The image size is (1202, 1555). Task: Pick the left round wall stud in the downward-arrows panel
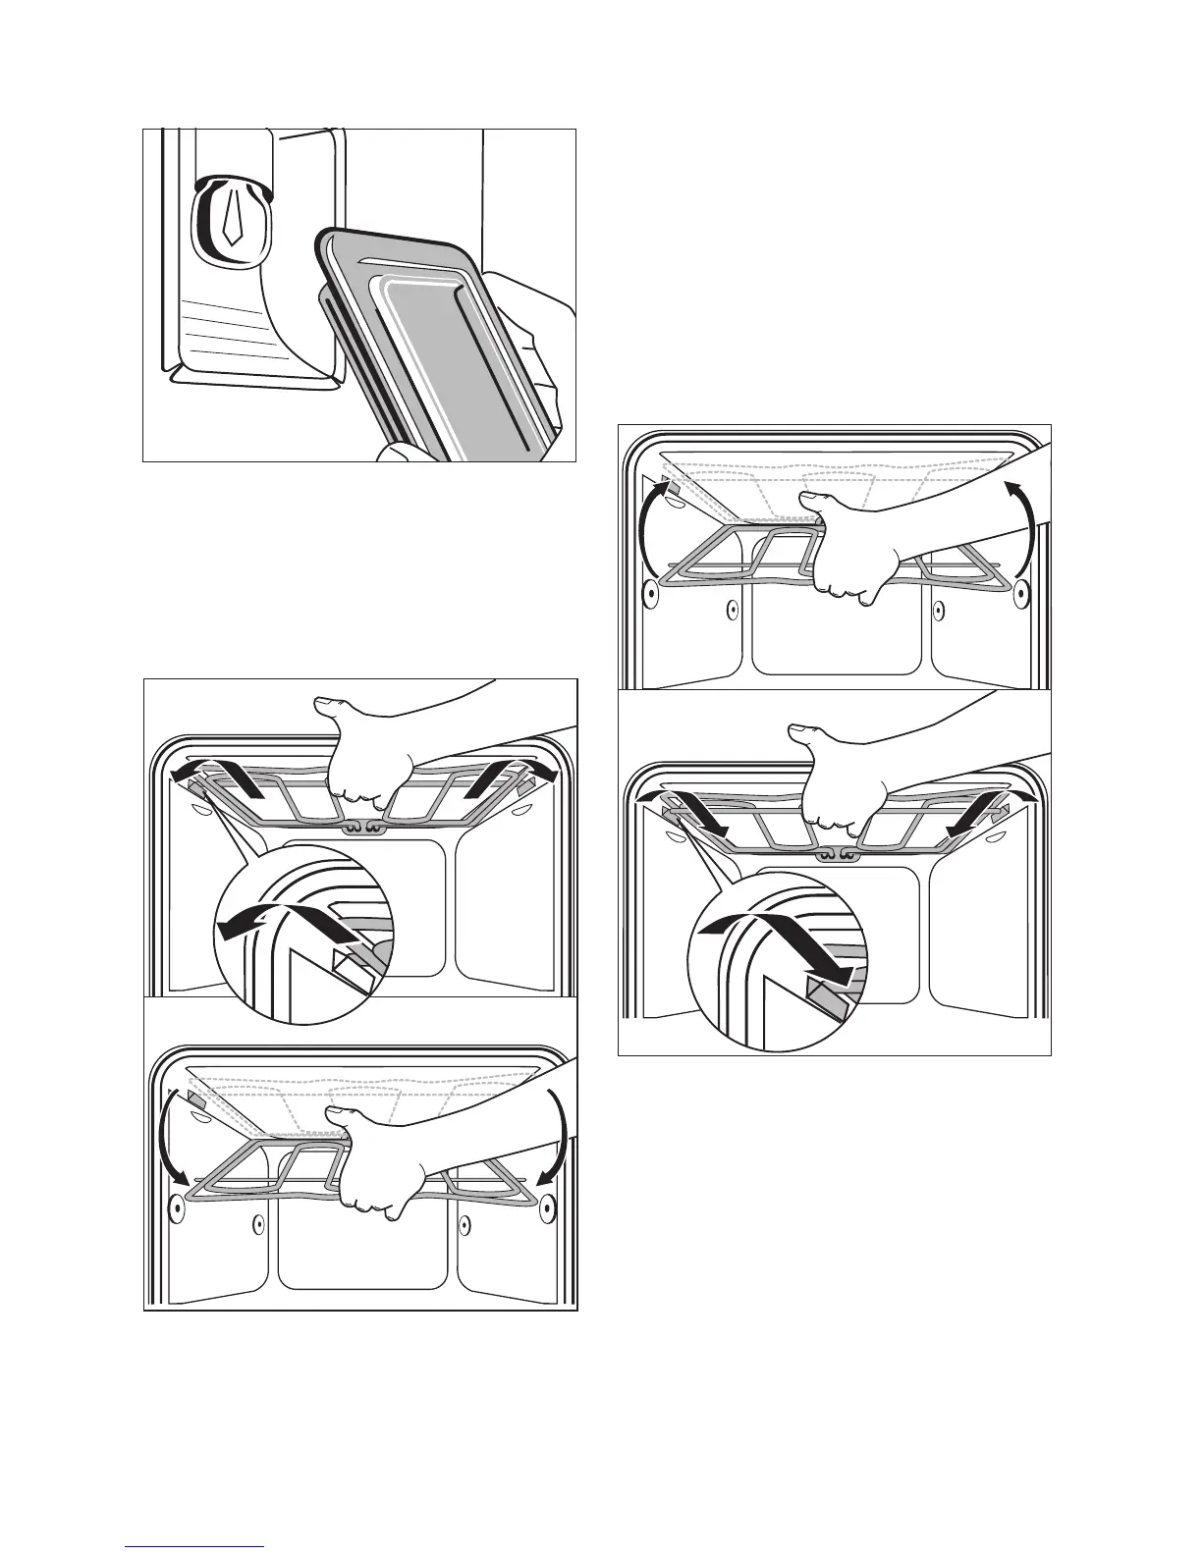pos(177,1206)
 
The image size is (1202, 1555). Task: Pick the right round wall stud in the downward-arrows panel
pos(545,1205)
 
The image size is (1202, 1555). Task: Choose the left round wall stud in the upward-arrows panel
pos(649,592)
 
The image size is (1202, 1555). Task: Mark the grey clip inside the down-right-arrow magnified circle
pos(823,992)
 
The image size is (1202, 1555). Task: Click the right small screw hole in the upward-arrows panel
pos(939,610)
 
